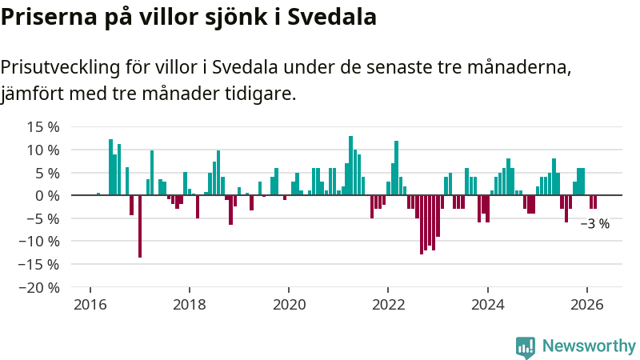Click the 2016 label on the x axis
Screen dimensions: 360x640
[x=90, y=305]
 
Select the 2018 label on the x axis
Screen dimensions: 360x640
[x=190, y=305]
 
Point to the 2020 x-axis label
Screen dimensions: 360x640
[x=289, y=305]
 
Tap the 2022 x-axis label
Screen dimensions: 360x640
[x=388, y=305]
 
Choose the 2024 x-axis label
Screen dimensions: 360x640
[x=487, y=305]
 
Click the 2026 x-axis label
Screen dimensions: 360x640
[x=586, y=305]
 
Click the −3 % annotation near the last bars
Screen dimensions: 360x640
[x=594, y=224]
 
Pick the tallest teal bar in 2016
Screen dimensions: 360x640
[x=110, y=167]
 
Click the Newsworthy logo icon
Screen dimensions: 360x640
[x=525, y=346]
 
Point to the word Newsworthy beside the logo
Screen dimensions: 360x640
[x=589, y=346]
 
